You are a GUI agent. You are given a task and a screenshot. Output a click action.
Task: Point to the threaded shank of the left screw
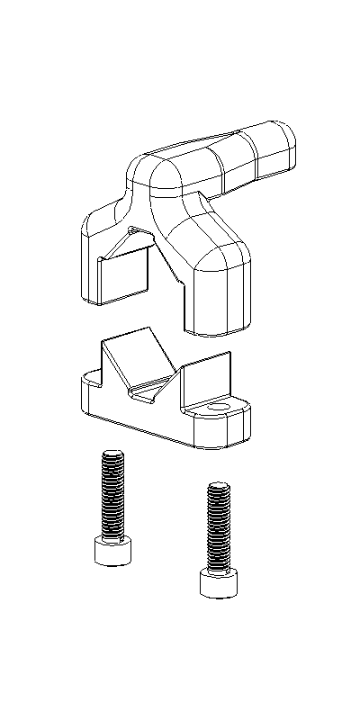112,495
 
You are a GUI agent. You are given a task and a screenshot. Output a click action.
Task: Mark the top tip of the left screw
112,454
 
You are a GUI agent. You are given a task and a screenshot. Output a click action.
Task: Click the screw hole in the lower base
217,409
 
